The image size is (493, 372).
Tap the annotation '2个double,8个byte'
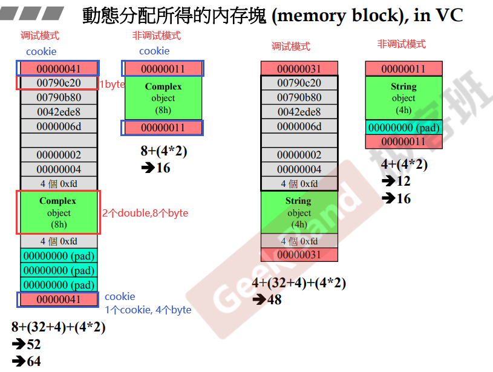click(x=145, y=213)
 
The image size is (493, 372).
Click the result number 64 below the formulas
click(x=33, y=361)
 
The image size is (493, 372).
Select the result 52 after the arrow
click(x=33, y=344)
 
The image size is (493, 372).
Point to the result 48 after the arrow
click(x=274, y=299)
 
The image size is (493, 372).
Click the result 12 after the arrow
click(x=403, y=181)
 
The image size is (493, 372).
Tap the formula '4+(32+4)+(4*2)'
click(x=299, y=283)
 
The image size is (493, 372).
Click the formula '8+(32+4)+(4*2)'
click(x=59, y=327)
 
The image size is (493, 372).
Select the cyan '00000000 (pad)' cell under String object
click(x=403, y=127)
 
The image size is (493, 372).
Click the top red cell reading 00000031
click(x=299, y=68)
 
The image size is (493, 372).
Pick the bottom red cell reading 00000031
click(x=299, y=255)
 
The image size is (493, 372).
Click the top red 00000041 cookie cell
click(x=59, y=68)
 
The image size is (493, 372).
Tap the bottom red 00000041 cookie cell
click(x=59, y=299)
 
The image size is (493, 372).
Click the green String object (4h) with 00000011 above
click(x=403, y=98)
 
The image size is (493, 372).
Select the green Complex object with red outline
click(x=59, y=212)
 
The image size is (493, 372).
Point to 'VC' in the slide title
click(x=448, y=15)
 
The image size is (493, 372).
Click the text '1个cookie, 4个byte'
click(x=148, y=310)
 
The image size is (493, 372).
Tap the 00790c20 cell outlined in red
click(x=59, y=83)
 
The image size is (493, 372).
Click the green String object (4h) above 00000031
click(x=299, y=212)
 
